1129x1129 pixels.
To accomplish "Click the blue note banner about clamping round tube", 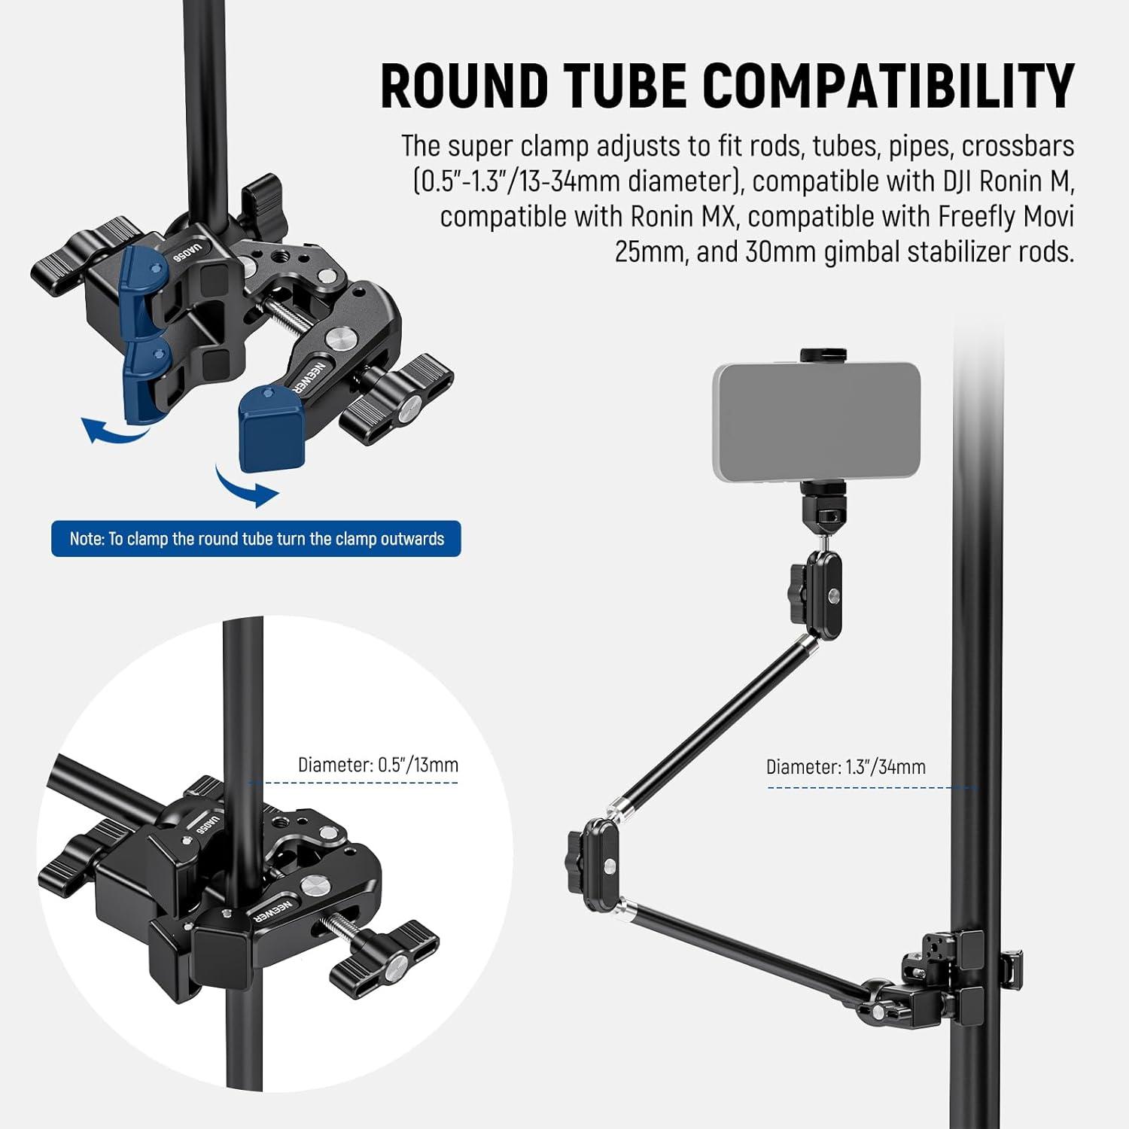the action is (x=256, y=539).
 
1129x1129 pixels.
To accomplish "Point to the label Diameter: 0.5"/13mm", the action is (x=378, y=765).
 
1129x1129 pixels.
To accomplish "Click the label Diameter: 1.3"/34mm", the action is (x=846, y=767).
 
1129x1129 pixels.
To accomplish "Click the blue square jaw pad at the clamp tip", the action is (x=271, y=427).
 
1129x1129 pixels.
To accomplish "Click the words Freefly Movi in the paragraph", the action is (x=1006, y=217).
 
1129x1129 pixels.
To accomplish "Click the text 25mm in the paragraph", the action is (x=648, y=251).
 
